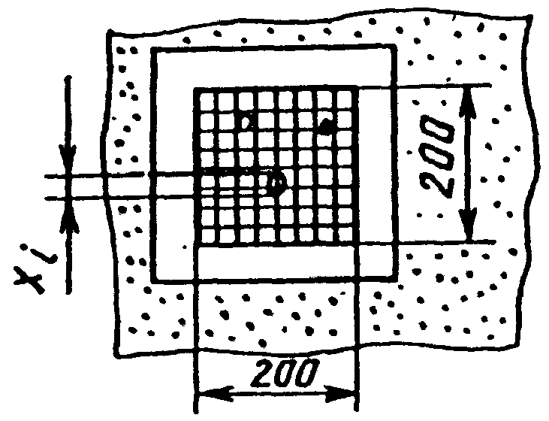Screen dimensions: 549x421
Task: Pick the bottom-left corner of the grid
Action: pyautogui.click(x=196, y=246)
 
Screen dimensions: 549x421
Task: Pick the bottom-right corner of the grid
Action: pyautogui.click(x=355, y=246)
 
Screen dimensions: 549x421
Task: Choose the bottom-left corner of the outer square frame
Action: pyautogui.click(x=153, y=281)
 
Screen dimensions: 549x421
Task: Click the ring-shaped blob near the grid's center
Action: pyautogui.click(x=277, y=183)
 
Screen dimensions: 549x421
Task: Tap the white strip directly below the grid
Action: pyautogui.click(x=276, y=263)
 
